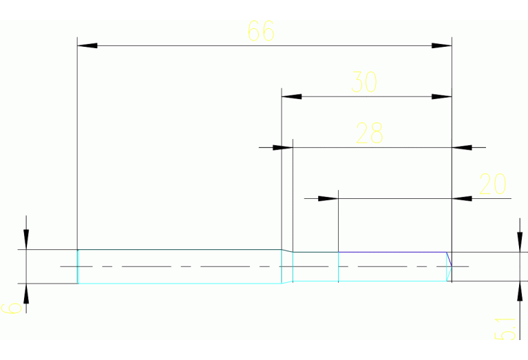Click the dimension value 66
[261, 31]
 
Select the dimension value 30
[364, 83]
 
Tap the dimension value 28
[369, 134]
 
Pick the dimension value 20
[492, 184]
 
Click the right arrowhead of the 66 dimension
[441, 45]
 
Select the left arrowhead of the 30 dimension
[292, 96]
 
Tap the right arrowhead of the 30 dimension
[441, 96]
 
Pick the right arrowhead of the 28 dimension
[462, 147]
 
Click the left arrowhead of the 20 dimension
[328, 198]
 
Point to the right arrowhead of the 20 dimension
[462, 198]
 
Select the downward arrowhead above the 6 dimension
[26, 239]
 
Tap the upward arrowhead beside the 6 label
[26, 293]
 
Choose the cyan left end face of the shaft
[78, 266]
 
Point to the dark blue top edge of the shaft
[392, 252]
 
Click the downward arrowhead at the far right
[520, 242]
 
